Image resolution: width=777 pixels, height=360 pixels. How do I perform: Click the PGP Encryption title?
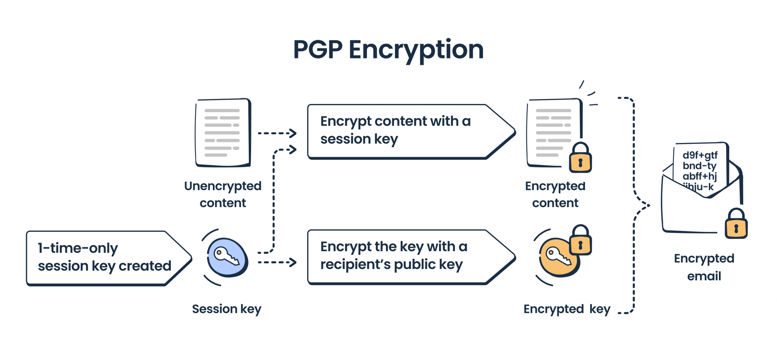(388, 50)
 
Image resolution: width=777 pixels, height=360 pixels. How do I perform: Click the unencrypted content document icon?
(223, 133)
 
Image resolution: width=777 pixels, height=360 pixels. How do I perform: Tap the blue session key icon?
(227, 257)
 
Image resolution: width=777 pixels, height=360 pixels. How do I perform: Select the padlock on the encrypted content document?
(580, 158)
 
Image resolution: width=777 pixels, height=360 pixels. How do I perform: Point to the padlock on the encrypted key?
(580, 241)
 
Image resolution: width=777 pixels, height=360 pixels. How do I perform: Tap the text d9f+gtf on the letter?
(700, 155)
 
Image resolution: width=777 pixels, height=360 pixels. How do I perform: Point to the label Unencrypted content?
(223, 194)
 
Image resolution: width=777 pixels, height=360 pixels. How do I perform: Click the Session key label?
(226, 309)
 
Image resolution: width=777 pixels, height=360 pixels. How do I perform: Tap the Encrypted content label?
(555, 194)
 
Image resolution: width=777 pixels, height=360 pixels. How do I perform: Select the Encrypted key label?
(567, 309)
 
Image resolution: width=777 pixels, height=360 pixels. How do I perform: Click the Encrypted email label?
(704, 267)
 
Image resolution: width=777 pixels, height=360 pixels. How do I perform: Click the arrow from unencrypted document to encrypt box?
(277, 133)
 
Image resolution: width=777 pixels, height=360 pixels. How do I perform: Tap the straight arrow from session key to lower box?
(277, 262)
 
